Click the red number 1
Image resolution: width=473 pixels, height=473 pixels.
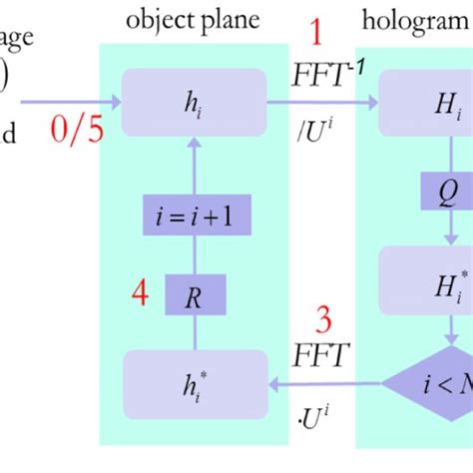(316, 36)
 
